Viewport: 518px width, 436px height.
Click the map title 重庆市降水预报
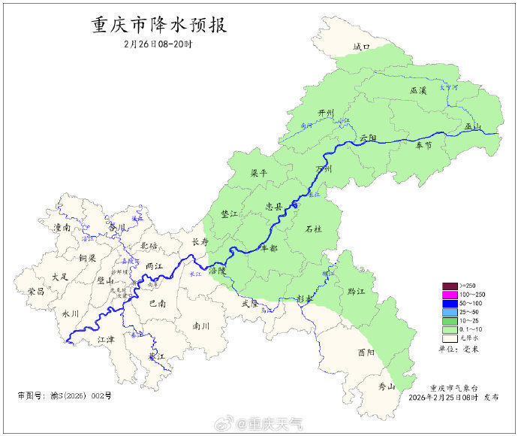click(x=158, y=25)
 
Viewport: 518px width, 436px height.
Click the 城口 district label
click(x=363, y=47)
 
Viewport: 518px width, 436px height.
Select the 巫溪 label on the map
click(x=418, y=90)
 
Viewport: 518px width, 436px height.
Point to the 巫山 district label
click(x=472, y=126)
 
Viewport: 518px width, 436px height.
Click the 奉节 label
click(x=424, y=146)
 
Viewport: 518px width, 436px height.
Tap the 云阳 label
click(x=368, y=138)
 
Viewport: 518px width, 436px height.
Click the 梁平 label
click(x=259, y=173)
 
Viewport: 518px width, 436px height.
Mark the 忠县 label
click(x=274, y=205)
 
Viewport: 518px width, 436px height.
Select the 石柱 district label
click(x=314, y=229)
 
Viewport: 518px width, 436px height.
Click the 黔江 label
click(x=346, y=291)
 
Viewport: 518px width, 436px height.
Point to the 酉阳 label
click(x=366, y=352)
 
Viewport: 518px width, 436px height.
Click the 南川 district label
click(x=201, y=326)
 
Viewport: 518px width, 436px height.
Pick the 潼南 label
click(x=62, y=227)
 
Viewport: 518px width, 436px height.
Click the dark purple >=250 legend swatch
click(x=450, y=286)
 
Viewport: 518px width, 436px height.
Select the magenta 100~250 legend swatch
click(x=450, y=294)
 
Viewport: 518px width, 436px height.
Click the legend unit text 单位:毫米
click(x=460, y=349)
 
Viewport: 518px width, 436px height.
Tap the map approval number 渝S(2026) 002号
click(x=64, y=395)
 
